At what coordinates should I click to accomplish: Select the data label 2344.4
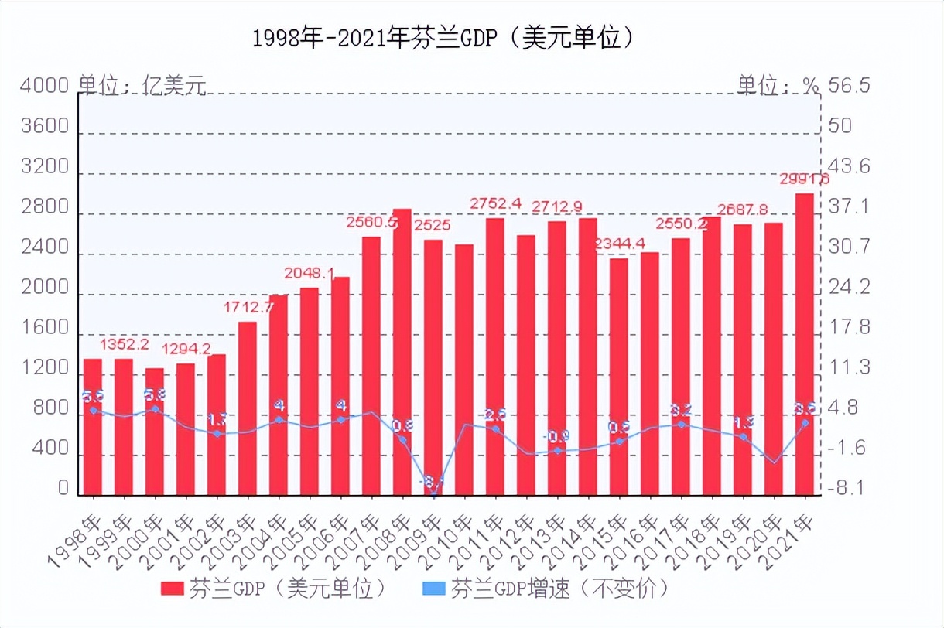[x=621, y=244]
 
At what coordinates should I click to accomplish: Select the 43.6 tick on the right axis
[x=849, y=167]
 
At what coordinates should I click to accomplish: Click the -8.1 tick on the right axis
[x=847, y=489]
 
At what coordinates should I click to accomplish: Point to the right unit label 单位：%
[x=777, y=85]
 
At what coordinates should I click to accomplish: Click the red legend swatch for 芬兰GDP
[x=171, y=589]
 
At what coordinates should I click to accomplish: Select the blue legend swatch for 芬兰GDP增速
[x=434, y=589]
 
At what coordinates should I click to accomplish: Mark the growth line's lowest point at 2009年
[x=434, y=493]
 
